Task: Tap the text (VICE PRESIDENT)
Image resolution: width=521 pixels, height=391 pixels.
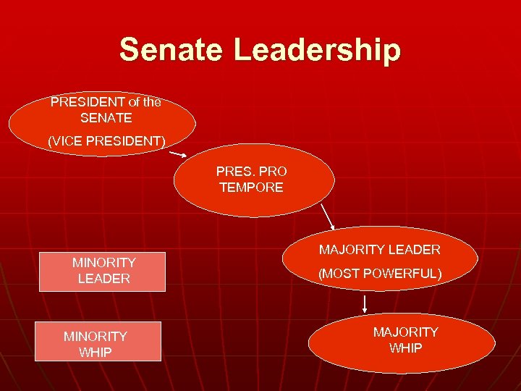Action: pyautogui.click(x=106, y=141)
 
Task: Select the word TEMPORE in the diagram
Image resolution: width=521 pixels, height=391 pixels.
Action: pyautogui.click(x=251, y=188)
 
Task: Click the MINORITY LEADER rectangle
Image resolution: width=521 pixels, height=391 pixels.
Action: pyautogui.click(x=103, y=271)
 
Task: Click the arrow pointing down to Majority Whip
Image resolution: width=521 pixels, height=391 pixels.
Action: pyautogui.click(x=365, y=303)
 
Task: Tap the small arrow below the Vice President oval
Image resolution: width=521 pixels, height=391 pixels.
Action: pyautogui.click(x=179, y=154)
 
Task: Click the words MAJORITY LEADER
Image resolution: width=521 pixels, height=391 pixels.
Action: pyautogui.click(x=380, y=250)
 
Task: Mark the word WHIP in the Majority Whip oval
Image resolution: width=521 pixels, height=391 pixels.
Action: pyautogui.click(x=405, y=348)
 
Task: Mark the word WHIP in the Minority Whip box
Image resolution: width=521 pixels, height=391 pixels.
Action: pyautogui.click(x=96, y=353)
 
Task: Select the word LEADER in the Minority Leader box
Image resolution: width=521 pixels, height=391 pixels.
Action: pyautogui.click(x=104, y=279)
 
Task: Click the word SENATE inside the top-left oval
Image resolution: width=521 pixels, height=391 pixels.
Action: pyautogui.click(x=106, y=117)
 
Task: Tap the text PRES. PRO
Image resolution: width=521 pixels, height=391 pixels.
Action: pyautogui.click(x=251, y=172)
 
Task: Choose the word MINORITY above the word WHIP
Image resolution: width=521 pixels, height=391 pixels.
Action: pyautogui.click(x=96, y=337)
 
